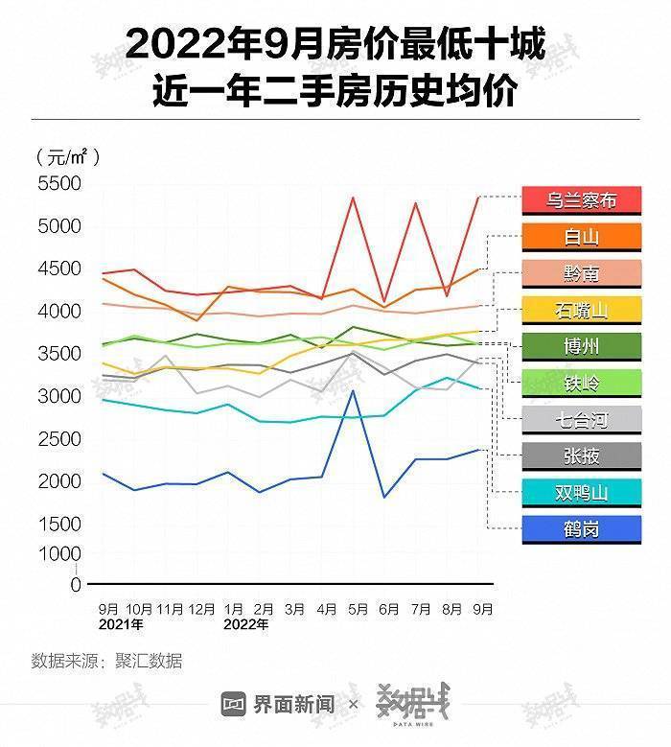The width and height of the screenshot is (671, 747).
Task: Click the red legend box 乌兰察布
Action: pos(581,200)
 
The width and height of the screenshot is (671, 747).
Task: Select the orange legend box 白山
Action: pos(581,237)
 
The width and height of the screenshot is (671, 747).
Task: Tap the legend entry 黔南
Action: pos(581,273)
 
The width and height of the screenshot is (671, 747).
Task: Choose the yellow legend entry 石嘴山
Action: pos(581,310)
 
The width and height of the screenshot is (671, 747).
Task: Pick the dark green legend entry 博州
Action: pos(581,346)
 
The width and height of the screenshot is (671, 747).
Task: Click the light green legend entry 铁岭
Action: pos(581,383)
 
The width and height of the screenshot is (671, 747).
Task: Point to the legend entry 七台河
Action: pos(581,419)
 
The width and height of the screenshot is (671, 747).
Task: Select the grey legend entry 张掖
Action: pos(581,456)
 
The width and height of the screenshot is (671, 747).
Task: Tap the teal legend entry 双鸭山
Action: pos(581,493)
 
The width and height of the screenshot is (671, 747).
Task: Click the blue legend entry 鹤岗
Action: pos(581,529)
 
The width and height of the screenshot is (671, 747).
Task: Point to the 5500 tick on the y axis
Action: pos(59,184)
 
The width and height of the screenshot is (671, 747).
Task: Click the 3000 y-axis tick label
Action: pos(59,396)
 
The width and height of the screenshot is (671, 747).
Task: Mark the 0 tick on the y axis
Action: pos(76,584)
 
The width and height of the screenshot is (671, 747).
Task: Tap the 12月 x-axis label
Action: pos(201,609)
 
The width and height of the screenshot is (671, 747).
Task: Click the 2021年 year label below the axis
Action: pos(121,625)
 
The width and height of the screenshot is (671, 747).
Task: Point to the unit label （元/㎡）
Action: pos(69,156)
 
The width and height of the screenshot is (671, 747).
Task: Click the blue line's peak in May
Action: pos(353,390)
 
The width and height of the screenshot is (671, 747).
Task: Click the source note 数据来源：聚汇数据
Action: pos(107,661)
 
